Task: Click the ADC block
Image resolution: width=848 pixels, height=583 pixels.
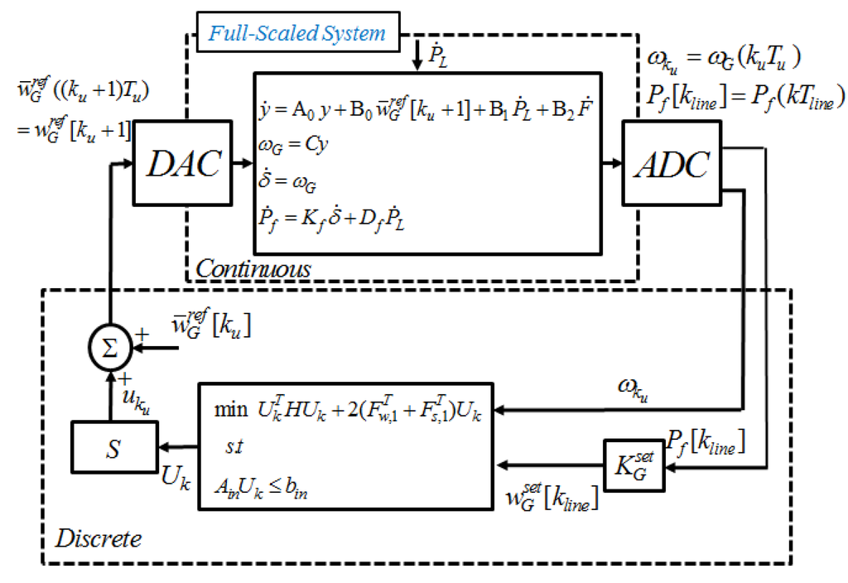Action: pyautogui.click(x=671, y=164)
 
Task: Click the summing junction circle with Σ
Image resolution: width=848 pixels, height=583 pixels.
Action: pyautogui.click(x=109, y=349)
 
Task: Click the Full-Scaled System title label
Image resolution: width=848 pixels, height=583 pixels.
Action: pyautogui.click(x=297, y=34)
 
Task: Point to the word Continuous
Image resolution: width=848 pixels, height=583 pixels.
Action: pyautogui.click(x=253, y=268)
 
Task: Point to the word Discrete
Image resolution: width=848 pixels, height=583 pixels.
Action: pyautogui.click(x=99, y=539)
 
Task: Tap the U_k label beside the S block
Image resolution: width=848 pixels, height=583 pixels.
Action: pyautogui.click(x=172, y=479)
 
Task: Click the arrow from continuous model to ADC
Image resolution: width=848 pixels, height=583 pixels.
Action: pyautogui.click(x=610, y=164)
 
